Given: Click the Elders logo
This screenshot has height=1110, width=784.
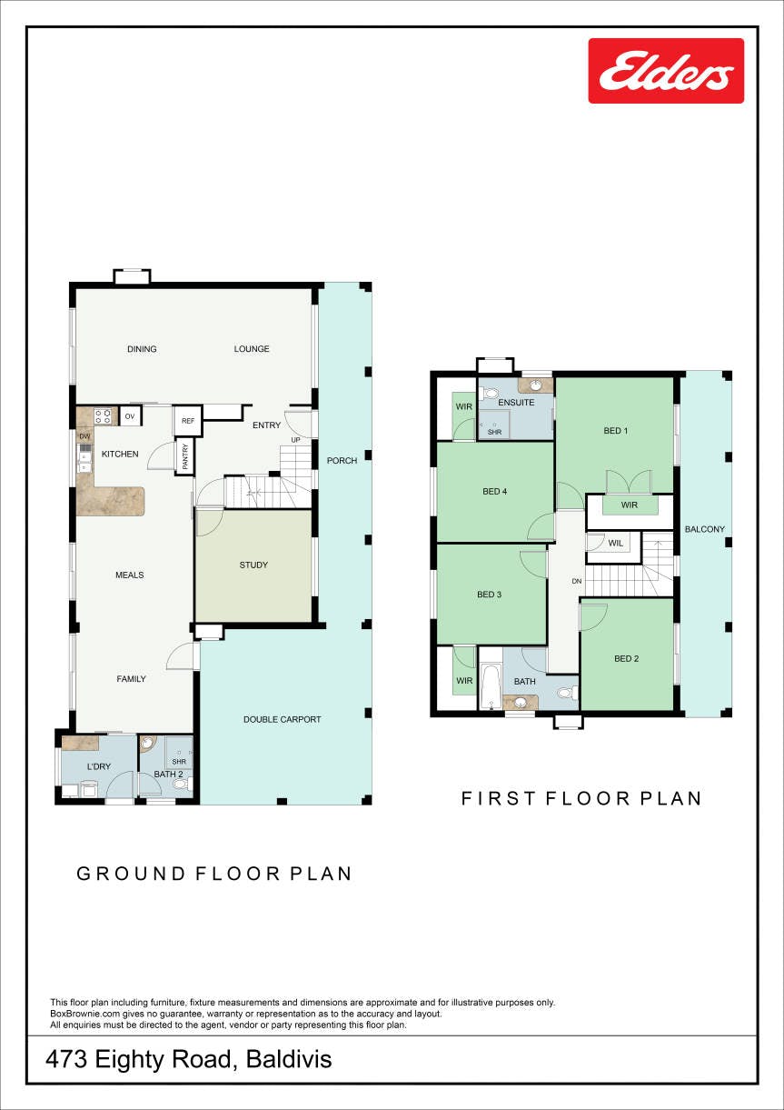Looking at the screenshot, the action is coord(666,71).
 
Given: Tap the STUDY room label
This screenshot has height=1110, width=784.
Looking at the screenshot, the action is coord(253,565).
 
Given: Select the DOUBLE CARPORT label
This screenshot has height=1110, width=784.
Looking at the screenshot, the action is coord(283,719).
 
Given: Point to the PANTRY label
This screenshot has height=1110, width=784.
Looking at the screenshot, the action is coord(185,456).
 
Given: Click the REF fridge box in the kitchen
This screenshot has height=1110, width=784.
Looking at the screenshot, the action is coord(188,421).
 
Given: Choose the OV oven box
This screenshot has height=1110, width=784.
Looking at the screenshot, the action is coord(130,416).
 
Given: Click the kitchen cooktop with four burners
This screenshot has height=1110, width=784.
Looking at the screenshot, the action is coord(103,415).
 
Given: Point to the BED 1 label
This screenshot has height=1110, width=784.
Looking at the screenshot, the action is coord(616,431).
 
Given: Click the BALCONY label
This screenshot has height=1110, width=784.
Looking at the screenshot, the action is coord(705,529).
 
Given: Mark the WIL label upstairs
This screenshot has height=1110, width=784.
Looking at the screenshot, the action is coord(616,543).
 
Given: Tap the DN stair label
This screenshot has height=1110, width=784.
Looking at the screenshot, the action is coord(577,581).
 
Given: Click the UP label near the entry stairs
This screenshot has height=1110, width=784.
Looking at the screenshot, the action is coord(295,440).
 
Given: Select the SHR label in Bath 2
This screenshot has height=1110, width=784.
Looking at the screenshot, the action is coord(179,761).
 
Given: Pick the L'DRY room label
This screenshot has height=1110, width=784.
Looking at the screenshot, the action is coord(99,766).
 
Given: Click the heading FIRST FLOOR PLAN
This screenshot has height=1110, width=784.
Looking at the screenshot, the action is coord(581,798).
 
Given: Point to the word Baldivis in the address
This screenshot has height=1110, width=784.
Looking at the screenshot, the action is coord(289,1059).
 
